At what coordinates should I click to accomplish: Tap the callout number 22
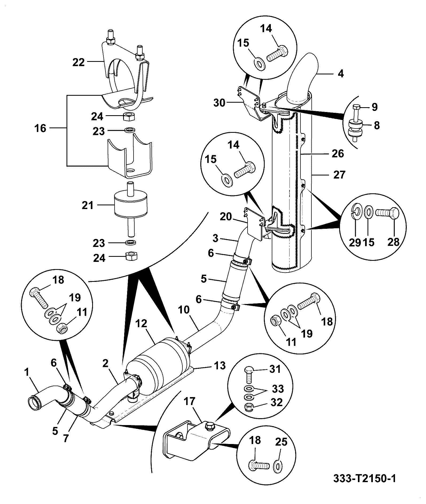pos(79,62)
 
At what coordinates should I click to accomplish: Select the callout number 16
pos(41,129)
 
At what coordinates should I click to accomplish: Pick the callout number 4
pos(341,74)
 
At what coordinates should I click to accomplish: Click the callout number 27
pos(339,175)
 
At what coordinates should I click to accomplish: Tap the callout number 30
pos(220,103)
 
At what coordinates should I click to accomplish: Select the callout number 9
pos(374,107)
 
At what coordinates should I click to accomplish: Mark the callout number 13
pos(220,366)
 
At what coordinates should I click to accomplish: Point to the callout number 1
pos(27,373)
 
